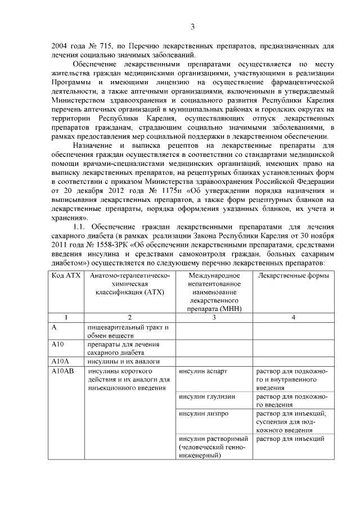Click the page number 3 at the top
click(x=192, y=26)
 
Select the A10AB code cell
click(x=62, y=371)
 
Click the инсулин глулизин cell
click(x=206, y=397)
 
